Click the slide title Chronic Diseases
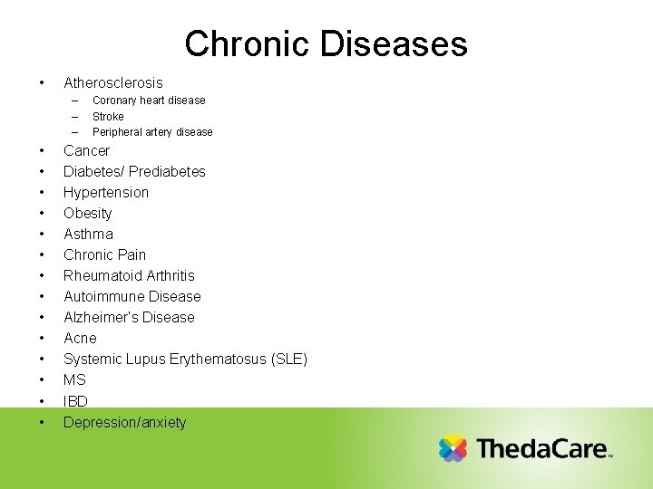tap(326, 43)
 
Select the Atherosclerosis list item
tap(112, 82)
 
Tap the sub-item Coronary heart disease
tap(149, 101)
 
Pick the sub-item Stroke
tap(108, 117)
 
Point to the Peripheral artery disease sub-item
tap(152, 132)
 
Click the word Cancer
tap(86, 151)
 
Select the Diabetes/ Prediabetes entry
tap(134, 172)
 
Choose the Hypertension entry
tap(105, 193)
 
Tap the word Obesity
tap(87, 214)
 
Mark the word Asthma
tap(88, 235)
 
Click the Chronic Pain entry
tap(104, 255)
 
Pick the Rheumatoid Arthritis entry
tap(129, 276)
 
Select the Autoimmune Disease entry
tap(132, 297)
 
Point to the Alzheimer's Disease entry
tap(129, 318)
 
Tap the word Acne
tap(80, 339)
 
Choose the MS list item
tap(74, 380)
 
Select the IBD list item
tap(75, 401)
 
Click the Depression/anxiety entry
tap(124, 423)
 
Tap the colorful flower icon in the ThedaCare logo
tap(453, 449)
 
